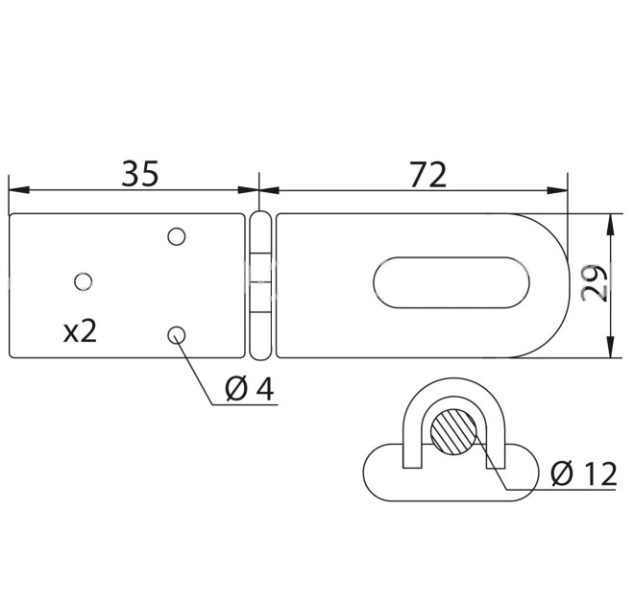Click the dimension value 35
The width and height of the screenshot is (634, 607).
139,174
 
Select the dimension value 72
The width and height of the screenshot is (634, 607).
427,174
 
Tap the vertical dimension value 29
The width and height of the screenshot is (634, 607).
597,284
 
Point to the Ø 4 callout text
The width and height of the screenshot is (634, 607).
249,389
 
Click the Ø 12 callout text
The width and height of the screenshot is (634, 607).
583,473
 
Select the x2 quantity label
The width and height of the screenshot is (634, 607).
81,331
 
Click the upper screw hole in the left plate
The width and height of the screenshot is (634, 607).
176,235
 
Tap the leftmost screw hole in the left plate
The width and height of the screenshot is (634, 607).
84,280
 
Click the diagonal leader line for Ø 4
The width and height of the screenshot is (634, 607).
195,371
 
